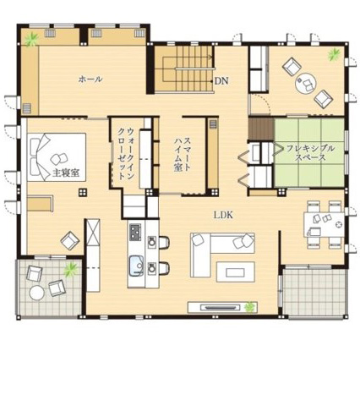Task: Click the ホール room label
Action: pos(90,80)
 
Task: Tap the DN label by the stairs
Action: pos(221,81)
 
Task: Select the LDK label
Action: pos(223,215)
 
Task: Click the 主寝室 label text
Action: pos(66,173)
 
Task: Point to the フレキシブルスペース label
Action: pos(310,152)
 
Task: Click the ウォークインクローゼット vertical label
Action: pos(126,154)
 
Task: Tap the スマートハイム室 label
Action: pos(183,154)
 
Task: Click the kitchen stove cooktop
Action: pos(135,232)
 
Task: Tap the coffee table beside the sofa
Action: pos(236,272)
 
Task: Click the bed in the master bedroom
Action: pos(57,157)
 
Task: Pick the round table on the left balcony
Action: pos(36,294)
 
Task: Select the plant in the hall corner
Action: pos(31,39)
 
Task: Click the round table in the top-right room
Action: pos(306,84)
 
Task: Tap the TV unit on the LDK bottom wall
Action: pos(222,307)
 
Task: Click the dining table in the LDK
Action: pos(324,224)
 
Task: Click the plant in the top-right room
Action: pos(335,54)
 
